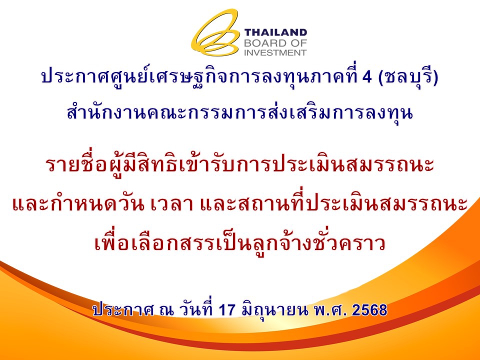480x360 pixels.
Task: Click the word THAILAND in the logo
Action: tap(275, 33)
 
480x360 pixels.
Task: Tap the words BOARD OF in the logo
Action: tap(275, 43)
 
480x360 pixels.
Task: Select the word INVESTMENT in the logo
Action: tap(275, 52)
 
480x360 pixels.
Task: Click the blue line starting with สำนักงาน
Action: tap(240, 113)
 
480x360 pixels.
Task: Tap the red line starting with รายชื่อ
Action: tap(240, 166)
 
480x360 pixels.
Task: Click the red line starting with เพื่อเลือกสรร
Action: tap(240, 243)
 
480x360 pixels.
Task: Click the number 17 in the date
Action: tap(227, 310)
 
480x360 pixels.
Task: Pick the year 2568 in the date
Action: tap(370, 310)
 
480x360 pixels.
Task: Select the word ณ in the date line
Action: tap(165, 310)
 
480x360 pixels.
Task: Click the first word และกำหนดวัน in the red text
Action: tap(78, 203)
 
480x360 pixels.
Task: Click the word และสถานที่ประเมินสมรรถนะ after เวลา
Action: tap(333, 203)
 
